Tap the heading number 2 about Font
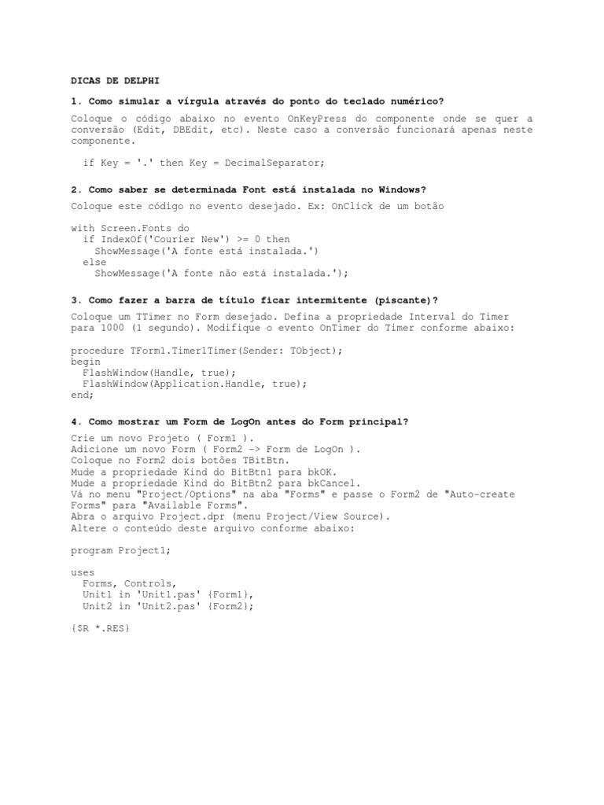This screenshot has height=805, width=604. click(75, 189)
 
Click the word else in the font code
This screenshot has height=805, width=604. click(94, 262)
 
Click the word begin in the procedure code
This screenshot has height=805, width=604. click(86, 361)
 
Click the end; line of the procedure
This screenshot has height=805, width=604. click(83, 395)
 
